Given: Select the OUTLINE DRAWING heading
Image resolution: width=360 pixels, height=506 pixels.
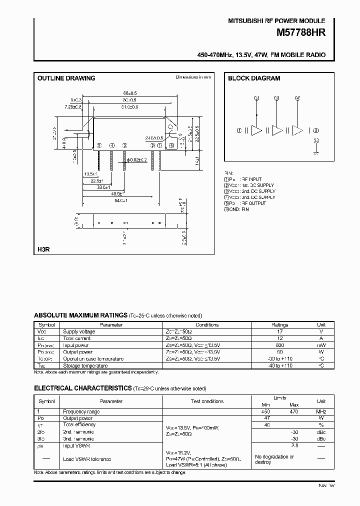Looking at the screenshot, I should pyautogui.click(x=66, y=78).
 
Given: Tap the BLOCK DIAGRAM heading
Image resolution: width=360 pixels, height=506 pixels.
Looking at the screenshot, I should pyautogui.click(x=254, y=78).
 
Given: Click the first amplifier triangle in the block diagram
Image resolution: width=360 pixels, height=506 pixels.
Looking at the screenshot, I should pyautogui.click(x=256, y=130).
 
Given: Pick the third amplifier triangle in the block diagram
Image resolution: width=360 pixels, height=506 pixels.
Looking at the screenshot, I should pyautogui.click(x=297, y=130).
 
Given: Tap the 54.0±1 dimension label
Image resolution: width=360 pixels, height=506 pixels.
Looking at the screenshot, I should pyautogui.click(x=120, y=200).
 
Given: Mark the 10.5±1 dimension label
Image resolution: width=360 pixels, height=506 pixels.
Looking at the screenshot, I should pyautogui.click(x=90, y=174).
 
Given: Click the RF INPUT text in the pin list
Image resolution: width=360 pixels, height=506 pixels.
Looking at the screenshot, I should pyautogui.click(x=250, y=179).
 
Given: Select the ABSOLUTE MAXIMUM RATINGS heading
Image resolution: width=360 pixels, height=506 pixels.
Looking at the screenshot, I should pyautogui.click(x=80, y=315).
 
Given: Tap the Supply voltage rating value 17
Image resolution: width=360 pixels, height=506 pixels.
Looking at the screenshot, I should pyautogui.click(x=280, y=331).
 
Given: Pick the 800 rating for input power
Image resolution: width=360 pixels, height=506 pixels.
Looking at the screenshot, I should pyautogui.click(x=280, y=345).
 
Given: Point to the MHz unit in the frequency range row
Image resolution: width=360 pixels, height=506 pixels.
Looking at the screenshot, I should pyautogui.click(x=321, y=411).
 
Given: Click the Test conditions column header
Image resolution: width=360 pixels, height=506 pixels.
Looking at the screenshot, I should pyautogui.click(x=207, y=401).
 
